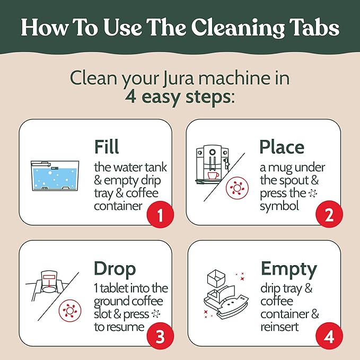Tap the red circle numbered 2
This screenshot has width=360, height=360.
coord(328,216)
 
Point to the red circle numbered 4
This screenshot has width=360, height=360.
coord(328,337)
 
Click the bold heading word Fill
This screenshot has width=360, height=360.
coord(107,147)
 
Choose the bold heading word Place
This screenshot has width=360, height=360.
coord(282,147)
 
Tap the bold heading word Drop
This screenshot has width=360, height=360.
coord(115,268)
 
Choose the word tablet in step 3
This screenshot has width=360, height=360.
coord(117,288)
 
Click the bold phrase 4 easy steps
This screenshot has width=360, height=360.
coord(180,98)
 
